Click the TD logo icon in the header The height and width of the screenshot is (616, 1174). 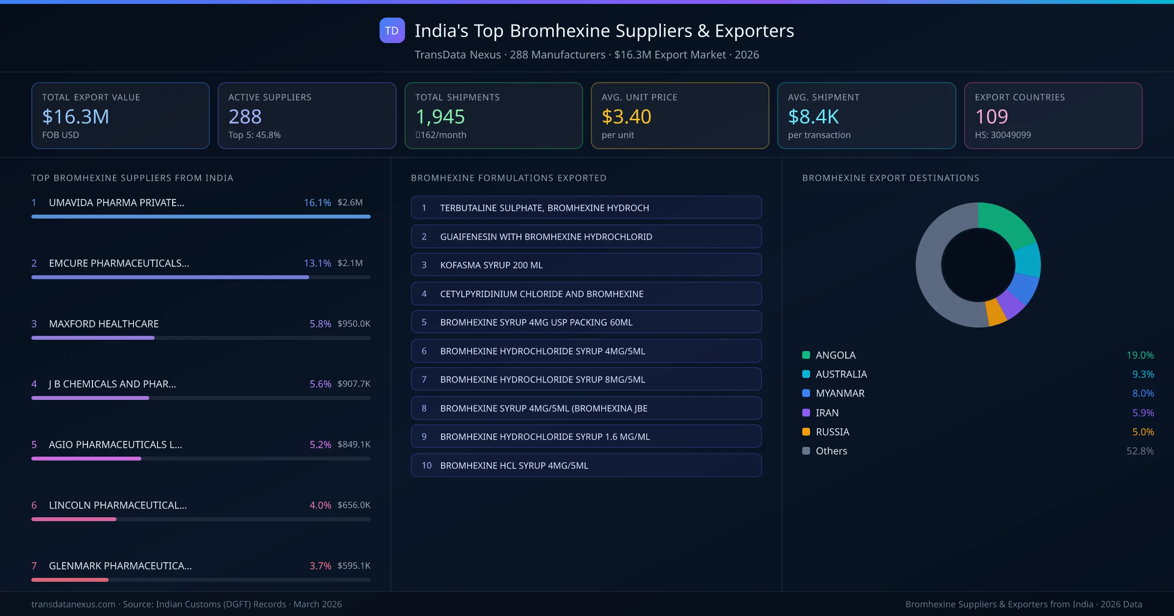(x=392, y=30)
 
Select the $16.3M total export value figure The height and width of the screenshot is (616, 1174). (x=75, y=116)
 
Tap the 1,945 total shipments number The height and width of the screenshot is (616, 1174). (x=440, y=116)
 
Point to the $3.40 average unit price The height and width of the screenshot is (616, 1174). (x=626, y=116)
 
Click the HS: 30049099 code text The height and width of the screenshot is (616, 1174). (x=1002, y=135)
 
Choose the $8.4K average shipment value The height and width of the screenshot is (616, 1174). (x=813, y=116)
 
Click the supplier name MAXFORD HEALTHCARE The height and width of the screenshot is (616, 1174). (x=104, y=324)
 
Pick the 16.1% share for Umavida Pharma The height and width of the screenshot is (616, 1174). (x=317, y=202)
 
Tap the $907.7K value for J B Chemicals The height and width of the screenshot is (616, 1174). (x=354, y=384)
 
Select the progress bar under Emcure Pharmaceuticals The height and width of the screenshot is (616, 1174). (x=170, y=277)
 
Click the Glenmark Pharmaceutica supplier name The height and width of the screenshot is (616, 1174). (x=120, y=566)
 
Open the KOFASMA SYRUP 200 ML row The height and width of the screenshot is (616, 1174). (x=586, y=265)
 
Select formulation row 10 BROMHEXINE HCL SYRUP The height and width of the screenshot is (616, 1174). (x=586, y=465)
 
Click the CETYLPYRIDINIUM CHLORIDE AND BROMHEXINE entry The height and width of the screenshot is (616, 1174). (x=586, y=294)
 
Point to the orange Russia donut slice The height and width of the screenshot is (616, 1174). (x=996, y=313)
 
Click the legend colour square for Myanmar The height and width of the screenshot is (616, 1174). (x=806, y=393)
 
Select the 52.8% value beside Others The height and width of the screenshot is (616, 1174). (x=1140, y=451)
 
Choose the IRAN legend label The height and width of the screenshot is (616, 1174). (x=827, y=413)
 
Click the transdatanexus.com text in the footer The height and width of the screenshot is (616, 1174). (x=73, y=604)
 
